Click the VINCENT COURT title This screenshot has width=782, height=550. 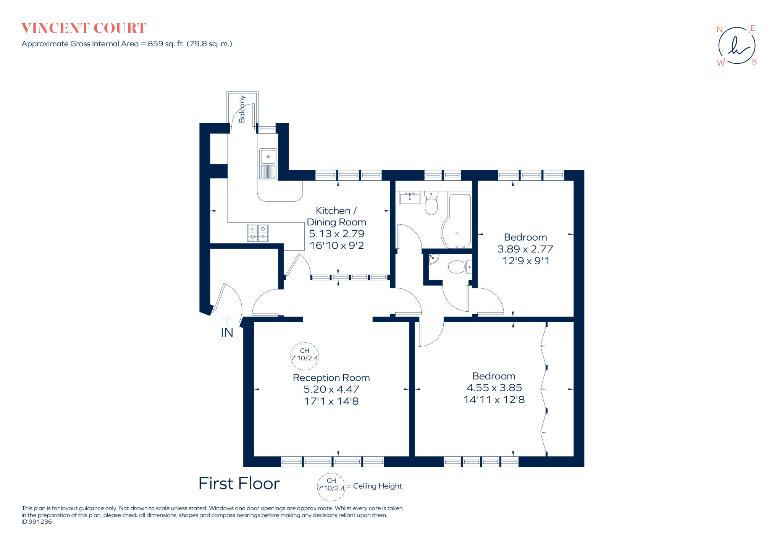click(84, 28)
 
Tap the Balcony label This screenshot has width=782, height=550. click(242, 109)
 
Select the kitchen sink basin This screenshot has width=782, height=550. click(268, 156)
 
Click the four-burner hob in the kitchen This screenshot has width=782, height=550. click(258, 233)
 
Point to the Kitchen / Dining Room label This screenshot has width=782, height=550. click(336, 216)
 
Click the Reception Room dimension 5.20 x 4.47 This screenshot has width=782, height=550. click(331, 389)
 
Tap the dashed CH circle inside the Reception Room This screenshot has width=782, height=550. click(304, 356)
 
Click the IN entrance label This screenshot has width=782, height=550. click(227, 333)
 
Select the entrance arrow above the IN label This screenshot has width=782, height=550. click(227, 319)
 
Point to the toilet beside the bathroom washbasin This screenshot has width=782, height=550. click(431, 204)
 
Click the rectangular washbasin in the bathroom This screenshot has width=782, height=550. click(409, 199)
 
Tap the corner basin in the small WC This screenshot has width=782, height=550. click(433, 259)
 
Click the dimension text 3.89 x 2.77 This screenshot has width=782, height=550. click(525, 249)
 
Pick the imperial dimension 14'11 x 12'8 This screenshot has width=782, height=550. click(494, 400)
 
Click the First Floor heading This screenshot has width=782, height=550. click(239, 484)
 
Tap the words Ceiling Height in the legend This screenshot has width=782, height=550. click(377, 486)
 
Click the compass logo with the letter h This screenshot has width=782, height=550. click(737, 46)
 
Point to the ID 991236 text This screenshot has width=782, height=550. click(37, 522)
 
